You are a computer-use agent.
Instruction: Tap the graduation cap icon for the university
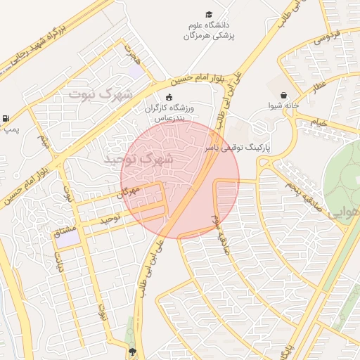pos(209,14)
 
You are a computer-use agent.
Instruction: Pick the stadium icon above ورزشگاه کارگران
pos(168,97)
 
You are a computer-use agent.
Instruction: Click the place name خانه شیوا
pos(283,106)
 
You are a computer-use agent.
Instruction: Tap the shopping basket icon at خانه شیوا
pos(283,95)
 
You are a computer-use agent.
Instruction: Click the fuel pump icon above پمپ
pos(6,118)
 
